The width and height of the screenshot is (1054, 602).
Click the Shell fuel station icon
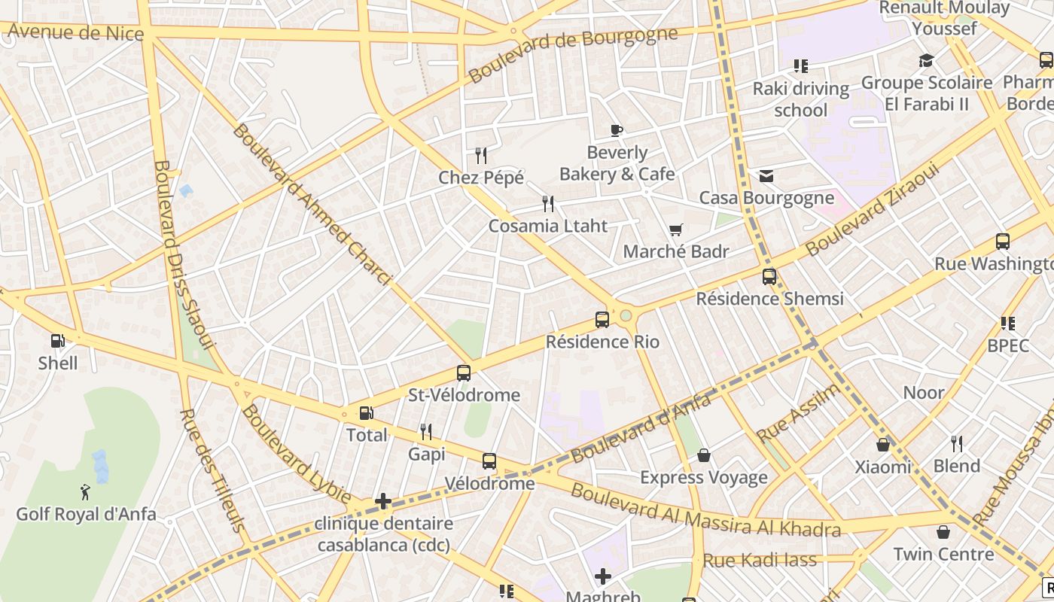pyautogui.click(x=58, y=341)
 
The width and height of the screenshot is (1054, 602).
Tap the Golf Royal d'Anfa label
pyautogui.click(x=87, y=515)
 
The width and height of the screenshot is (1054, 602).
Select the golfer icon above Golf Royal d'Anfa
pyautogui.click(x=85, y=492)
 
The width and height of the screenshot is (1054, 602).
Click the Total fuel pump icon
pyautogui.click(x=366, y=413)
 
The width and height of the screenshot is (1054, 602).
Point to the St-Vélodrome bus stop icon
pyautogui.click(x=464, y=372)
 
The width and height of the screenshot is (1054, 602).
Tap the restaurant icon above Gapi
pyautogui.click(x=426, y=431)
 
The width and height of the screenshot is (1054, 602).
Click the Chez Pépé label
pyautogui.click(x=481, y=178)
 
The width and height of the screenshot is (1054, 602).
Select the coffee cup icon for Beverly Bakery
pyautogui.click(x=616, y=130)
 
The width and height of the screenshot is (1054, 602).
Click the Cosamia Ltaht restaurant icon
pyautogui.click(x=548, y=203)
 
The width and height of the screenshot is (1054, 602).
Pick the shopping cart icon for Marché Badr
pyautogui.click(x=675, y=230)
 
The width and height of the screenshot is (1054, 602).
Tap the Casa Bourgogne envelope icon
pyautogui.click(x=766, y=176)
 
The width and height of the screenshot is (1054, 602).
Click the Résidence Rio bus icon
pyautogui.click(x=602, y=319)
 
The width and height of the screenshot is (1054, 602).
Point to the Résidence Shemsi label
pyautogui.click(x=769, y=299)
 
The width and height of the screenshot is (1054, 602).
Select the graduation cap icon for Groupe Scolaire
pyautogui.click(x=926, y=60)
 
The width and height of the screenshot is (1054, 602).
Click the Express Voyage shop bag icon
pyautogui.click(x=704, y=455)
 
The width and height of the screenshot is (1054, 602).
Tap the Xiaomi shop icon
pyautogui.click(x=883, y=445)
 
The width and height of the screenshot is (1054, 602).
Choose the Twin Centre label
pyautogui.click(x=943, y=555)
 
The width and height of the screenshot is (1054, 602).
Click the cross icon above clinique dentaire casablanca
pyautogui.click(x=383, y=500)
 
